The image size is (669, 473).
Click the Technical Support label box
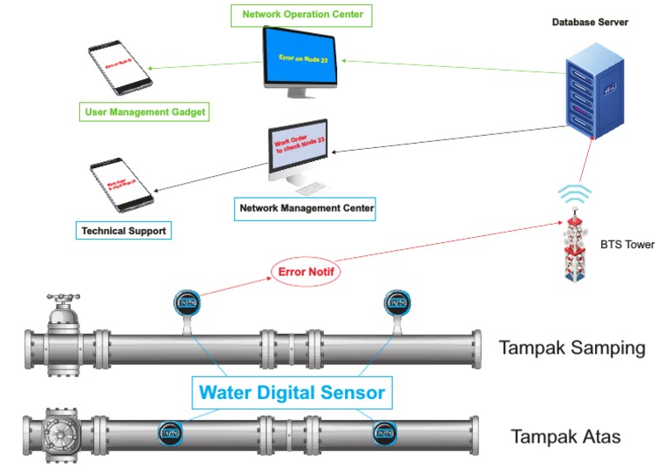[x=122, y=231]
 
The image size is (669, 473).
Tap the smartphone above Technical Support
[x=123, y=186]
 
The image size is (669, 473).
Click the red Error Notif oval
[x=305, y=272]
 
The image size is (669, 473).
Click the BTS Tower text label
[x=627, y=245]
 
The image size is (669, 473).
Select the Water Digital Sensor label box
[x=291, y=392]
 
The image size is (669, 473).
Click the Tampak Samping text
[x=571, y=348]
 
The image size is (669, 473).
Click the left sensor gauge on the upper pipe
[x=186, y=302]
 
